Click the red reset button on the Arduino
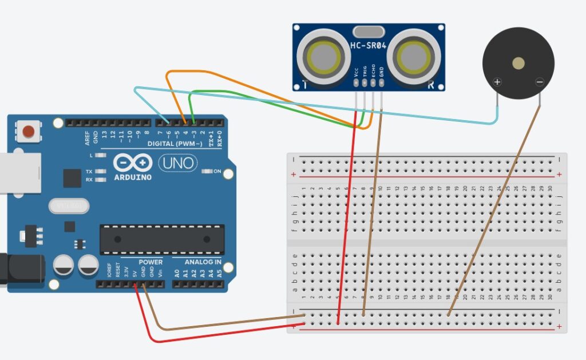[x=27, y=133]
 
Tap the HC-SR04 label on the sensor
[x=369, y=45]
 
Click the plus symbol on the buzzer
[x=497, y=82]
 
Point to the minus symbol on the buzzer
[x=539, y=82]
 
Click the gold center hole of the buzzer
[x=518, y=63]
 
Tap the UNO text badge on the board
[x=177, y=164]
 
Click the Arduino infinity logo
[x=132, y=164]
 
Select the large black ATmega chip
[x=162, y=239]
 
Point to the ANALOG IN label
[x=203, y=262]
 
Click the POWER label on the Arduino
[x=151, y=262]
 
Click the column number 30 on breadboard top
[x=550, y=188]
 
